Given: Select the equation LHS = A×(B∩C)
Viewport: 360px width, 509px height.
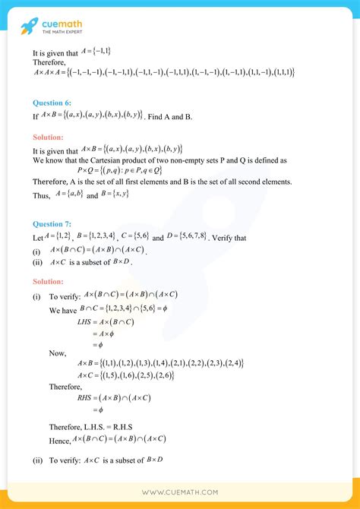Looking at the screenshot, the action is [x=112, y=322].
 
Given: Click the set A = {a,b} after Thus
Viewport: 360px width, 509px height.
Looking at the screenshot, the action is [x=65, y=195].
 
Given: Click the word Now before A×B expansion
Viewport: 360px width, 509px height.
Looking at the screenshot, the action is [x=58, y=353].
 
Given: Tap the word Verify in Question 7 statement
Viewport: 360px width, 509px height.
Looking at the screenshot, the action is [x=237, y=237].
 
